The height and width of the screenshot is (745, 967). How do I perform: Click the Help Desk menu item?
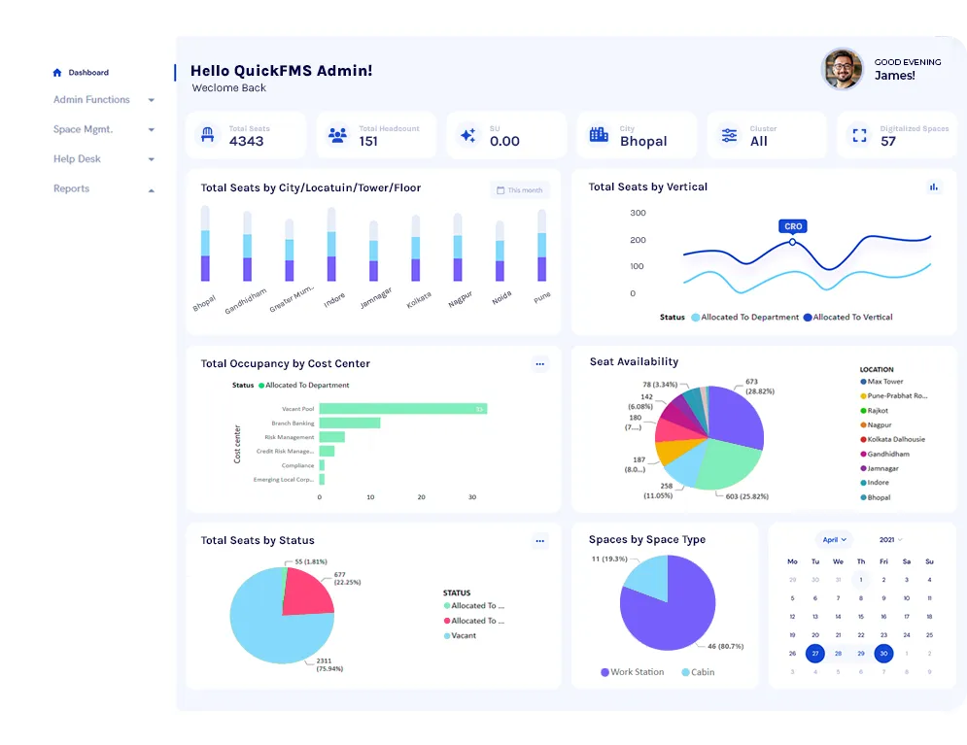(x=77, y=159)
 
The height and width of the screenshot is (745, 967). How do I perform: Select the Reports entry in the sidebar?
(x=71, y=189)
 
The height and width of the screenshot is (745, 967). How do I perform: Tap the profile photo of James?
(x=843, y=69)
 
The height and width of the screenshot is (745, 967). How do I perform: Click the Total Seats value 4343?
(x=246, y=141)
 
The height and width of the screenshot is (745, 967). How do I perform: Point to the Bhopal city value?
(x=643, y=141)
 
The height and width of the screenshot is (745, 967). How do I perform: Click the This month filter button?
(x=520, y=190)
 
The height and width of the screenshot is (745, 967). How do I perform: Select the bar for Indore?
(x=332, y=256)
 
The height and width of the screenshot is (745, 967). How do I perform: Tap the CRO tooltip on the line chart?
(x=792, y=226)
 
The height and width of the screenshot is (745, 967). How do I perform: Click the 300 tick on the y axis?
(x=638, y=213)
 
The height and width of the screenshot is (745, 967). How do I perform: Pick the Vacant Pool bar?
(x=402, y=409)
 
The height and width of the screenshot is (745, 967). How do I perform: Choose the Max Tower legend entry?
(x=885, y=382)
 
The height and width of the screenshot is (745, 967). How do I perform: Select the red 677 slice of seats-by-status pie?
(x=305, y=593)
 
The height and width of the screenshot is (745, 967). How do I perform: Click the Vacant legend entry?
(x=464, y=635)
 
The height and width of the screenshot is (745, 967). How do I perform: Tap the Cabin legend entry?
(x=700, y=672)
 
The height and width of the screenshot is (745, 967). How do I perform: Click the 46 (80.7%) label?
(x=725, y=646)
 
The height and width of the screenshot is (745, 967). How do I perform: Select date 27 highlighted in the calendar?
(x=814, y=654)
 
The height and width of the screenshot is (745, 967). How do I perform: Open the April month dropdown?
(x=834, y=539)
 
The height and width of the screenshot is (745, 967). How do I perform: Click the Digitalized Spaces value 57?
(x=888, y=141)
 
